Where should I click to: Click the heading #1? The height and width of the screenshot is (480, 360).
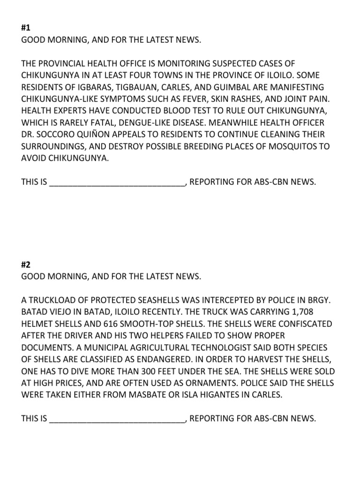pyautogui.click(x=26, y=28)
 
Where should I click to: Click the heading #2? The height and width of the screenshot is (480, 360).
pyautogui.click(x=26, y=264)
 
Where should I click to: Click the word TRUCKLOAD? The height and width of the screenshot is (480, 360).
pyautogui.click(x=52, y=300)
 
